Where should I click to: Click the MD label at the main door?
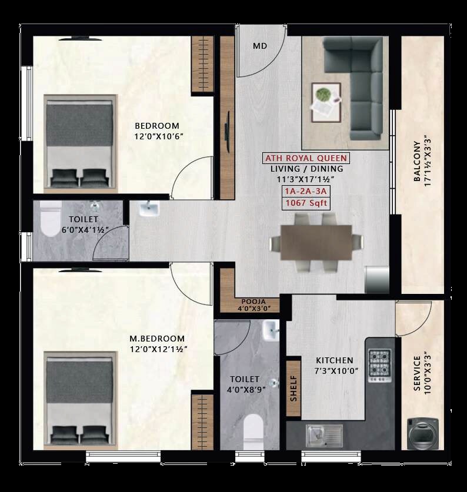click(x=260, y=46)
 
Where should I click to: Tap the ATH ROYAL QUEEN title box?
click(x=305, y=158)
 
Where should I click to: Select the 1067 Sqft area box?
click(x=305, y=203)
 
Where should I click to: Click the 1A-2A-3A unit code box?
click(x=305, y=192)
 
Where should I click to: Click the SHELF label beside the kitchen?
click(x=293, y=388)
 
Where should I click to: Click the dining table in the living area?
click(x=316, y=243)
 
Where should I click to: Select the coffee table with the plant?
click(x=326, y=102)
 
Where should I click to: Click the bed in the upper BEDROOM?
click(x=79, y=144)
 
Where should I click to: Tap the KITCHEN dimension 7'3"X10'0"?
click(x=334, y=371)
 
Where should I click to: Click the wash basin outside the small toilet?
click(x=149, y=209)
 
